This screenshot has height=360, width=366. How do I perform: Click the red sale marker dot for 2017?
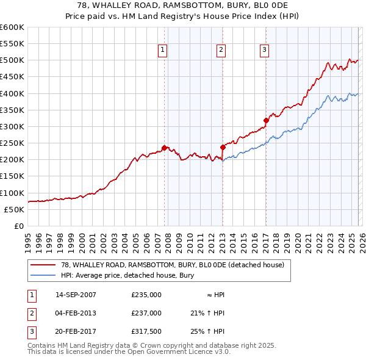(266, 120)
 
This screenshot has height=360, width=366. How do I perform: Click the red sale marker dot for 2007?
(165, 148)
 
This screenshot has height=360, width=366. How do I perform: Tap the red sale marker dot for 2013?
(223, 147)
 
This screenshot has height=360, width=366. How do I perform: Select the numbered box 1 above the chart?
(164, 51)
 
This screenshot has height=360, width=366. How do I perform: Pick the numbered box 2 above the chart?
(220, 51)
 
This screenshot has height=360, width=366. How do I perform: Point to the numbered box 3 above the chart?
(264, 51)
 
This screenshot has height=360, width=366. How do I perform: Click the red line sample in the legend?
(43, 265)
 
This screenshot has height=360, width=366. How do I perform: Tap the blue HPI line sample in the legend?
(43, 276)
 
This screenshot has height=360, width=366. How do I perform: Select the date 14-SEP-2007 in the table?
(76, 295)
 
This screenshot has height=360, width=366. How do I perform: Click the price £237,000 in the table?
(146, 313)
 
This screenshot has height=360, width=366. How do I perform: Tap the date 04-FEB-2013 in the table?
(76, 313)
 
